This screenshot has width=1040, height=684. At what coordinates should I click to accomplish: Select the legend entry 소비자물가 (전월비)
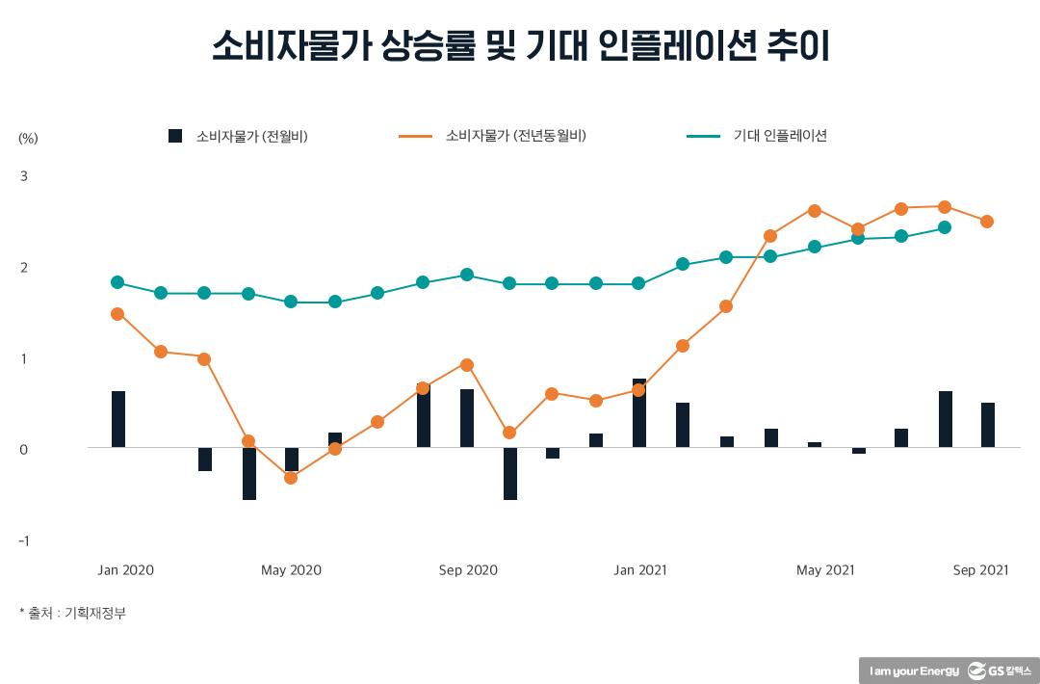(250, 136)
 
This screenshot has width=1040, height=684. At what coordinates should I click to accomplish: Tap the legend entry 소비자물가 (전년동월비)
(515, 136)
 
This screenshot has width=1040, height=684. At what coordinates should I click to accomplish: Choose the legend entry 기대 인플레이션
(779, 136)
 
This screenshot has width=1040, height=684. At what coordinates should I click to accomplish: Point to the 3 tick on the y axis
(24, 176)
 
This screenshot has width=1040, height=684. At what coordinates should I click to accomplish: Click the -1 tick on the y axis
(23, 540)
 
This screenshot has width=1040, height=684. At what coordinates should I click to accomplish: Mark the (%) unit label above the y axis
(28, 138)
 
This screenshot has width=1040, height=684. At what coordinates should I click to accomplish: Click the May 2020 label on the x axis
(291, 570)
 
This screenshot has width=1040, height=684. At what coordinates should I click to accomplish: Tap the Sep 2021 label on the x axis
(980, 570)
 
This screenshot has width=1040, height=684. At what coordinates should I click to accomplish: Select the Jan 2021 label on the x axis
(639, 570)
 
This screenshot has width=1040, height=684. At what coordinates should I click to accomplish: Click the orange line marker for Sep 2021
(987, 222)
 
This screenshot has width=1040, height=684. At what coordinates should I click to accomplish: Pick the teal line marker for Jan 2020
(117, 282)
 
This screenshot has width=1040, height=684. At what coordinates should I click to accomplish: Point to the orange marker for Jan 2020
(117, 314)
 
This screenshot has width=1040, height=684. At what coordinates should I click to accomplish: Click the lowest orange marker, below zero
(291, 478)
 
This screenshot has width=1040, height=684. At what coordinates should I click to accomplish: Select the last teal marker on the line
(945, 228)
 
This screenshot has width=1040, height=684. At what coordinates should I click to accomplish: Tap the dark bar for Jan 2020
(118, 419)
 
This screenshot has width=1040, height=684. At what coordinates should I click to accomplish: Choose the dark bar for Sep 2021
(988, 425)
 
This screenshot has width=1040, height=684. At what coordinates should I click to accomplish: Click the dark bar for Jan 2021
(639, 413)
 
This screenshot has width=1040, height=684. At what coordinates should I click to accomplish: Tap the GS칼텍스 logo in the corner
(1001, 671)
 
